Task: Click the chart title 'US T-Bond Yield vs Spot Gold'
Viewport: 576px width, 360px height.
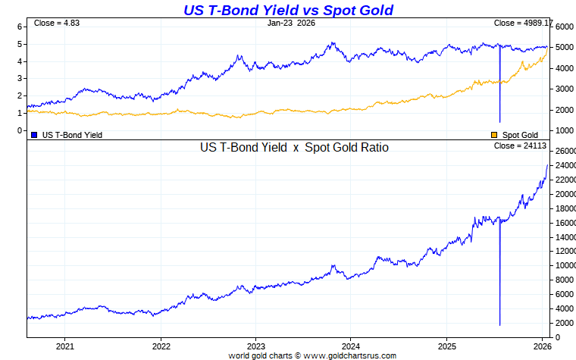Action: pyautogui.click(x=288, y=10)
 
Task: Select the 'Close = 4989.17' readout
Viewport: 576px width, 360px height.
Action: pyautogui.click(x=524, y=23)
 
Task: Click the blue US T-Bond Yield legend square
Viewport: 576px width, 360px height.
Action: pyautogui.click(x=34, y=135)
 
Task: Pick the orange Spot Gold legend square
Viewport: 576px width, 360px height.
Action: pyautogui.click(x=496, y=135)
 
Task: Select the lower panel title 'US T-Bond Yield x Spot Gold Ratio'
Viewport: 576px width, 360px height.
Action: pyautogui.click(x=294, y=148)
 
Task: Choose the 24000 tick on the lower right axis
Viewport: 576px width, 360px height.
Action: pyautogui.click(x=565, y=165)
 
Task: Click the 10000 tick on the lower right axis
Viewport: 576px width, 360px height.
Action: pyautogui.click(x=565, y=265)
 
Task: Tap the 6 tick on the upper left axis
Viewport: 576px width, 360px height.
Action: pyautogui.click(x=20, y=27)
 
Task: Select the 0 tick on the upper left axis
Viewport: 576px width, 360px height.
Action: pyautogui.click(x=20, y=130)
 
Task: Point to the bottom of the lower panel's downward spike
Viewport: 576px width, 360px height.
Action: pyautogui.click(x=500, y=325)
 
